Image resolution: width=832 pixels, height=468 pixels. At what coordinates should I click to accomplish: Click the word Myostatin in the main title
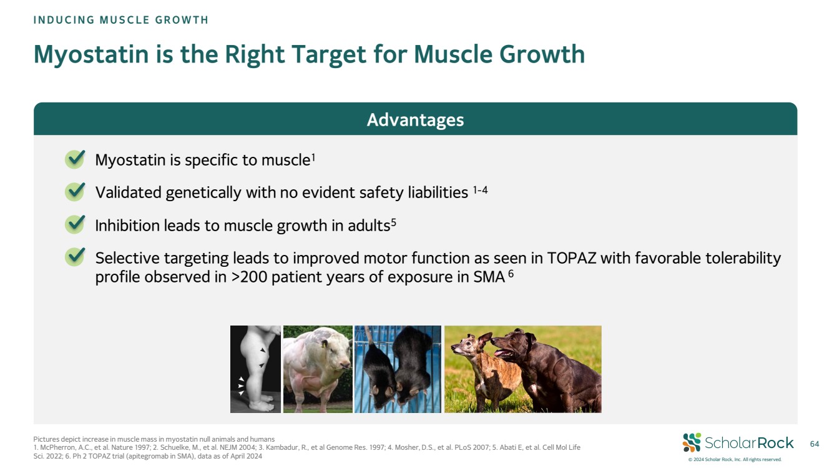pyautogui.click(x=91, y=54)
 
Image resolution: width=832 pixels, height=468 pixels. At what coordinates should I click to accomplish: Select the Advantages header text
pyautogui.click(x=415, y=120)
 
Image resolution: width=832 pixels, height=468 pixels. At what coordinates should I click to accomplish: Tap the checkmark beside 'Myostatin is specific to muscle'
pyautogui.click(x=75, y=159)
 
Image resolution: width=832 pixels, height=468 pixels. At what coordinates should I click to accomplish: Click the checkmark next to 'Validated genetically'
pyautogui.click(x=75, y=192)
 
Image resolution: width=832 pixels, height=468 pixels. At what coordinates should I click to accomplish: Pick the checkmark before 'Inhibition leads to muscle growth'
pyautogui.click(x=75, y=224)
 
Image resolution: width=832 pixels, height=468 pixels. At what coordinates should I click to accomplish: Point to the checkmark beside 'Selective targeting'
pyautogui.click(x=75, y=257)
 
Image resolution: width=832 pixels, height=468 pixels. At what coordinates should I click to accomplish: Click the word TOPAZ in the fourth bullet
pyautogui.click(x=571, y=258)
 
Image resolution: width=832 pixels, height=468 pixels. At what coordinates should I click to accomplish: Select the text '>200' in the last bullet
pyautogui.click(x=249, y=277)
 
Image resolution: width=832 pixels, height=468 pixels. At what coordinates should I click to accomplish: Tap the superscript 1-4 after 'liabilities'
pyautogui.click(x=480, y=191)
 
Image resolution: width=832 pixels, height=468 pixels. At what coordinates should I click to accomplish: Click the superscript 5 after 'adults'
pyautogui.click(x=394, y=222)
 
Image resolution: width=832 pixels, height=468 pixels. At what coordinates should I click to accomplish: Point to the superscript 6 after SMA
pyautogui.click(x=511, y=274)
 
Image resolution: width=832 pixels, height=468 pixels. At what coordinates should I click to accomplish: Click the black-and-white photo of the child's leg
pyautogui.click(x=255, y=369)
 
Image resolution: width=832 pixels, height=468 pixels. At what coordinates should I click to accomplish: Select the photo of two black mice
pyautogui.click(x=398, y=369)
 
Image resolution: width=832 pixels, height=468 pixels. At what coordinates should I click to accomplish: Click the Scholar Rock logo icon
pyautogui.click(x=692, y=442)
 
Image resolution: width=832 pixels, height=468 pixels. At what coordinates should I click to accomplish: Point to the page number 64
pyautogui.click(x=815, y=444)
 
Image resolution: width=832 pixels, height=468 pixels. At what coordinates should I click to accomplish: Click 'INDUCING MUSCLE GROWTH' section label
pyautogui.click(x=121, y=20)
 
